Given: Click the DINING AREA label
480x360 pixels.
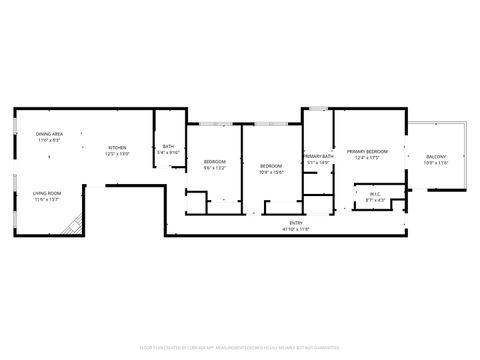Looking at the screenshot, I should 50,134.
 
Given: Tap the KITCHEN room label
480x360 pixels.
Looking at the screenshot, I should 118,147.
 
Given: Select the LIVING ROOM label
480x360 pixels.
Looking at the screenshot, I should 47,193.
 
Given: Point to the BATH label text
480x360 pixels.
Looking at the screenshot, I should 168,147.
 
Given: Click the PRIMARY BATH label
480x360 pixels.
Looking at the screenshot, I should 318,157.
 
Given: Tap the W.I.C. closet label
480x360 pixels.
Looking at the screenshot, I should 375,194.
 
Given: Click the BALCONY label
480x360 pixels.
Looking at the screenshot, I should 436,157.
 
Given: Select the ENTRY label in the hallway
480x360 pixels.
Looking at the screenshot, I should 296,223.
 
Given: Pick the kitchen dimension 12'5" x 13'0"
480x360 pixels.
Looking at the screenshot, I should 118,154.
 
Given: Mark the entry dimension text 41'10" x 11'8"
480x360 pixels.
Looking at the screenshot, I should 296,230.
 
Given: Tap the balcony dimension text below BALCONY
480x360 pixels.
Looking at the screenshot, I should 436,164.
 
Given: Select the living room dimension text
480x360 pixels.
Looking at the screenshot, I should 47,200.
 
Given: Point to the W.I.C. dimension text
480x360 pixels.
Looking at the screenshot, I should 375,201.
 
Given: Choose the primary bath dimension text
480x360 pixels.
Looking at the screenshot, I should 318,164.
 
